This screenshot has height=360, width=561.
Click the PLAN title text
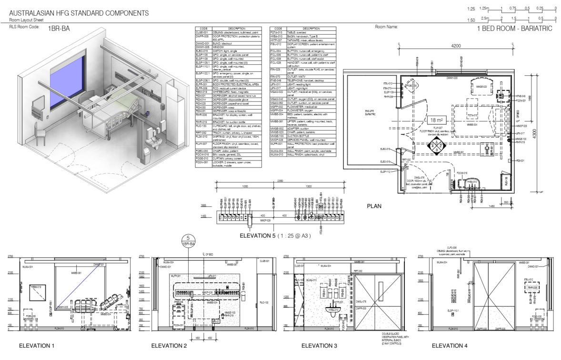(x=376, y=207)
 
